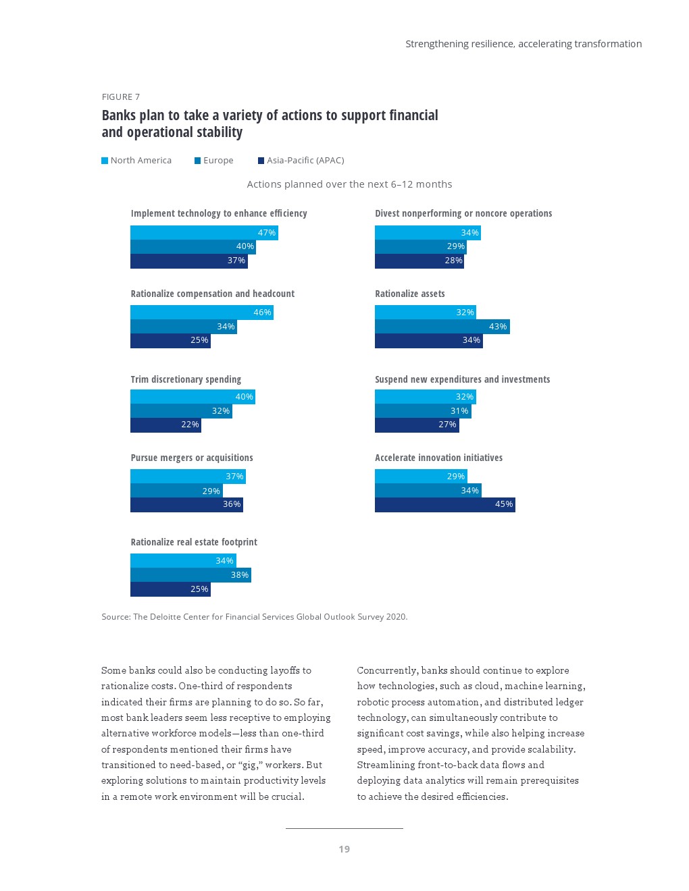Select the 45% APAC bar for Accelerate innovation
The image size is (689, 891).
coord(444,504)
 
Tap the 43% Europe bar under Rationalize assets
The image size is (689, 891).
coord(442,327)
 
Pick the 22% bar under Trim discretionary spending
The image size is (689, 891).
coord(165,425)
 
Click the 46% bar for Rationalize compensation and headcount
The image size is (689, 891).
coord(201,313)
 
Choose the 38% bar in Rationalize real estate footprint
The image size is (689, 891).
coord(190,575)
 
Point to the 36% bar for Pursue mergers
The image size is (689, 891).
coord(186,504)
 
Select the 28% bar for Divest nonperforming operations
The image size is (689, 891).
coord(419,261)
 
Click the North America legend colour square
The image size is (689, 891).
coord(105,161)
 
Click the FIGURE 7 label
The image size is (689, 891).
coord(121,97)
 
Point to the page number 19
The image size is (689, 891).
coord(344,849)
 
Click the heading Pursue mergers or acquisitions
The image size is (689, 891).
coord(192,458)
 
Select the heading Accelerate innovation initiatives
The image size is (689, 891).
coord(438,458)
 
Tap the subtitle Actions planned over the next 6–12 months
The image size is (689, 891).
coord(349,184)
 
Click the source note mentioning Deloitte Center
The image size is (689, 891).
coord(255,617)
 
